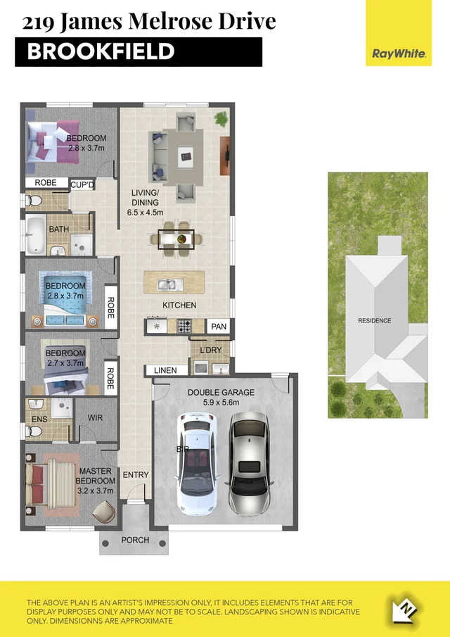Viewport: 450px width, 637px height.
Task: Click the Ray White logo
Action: pos(399,53)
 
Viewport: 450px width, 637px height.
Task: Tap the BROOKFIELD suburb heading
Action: pos(101,51)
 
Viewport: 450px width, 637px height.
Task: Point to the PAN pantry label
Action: pos(218,327)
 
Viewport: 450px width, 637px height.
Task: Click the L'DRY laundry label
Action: pos(210,350)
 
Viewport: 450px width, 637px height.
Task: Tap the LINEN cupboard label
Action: pos(167,370)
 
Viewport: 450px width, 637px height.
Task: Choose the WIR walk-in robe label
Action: pos(96,418)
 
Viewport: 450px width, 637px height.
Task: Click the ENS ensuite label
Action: pos(39,420)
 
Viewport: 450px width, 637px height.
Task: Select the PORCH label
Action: pos(135,541)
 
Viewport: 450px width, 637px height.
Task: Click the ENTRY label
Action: pos(136,475)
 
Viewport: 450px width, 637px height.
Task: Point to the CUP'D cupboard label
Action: pos(83,184)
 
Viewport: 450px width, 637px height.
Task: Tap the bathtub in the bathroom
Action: pos(36,235)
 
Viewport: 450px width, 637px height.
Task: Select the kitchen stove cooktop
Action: pos(184,326)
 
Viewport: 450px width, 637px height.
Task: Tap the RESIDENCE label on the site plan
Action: pos(374,320)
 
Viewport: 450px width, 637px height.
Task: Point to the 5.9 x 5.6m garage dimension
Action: pos(221,403)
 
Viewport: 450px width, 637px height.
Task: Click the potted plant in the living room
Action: pos(221,118)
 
